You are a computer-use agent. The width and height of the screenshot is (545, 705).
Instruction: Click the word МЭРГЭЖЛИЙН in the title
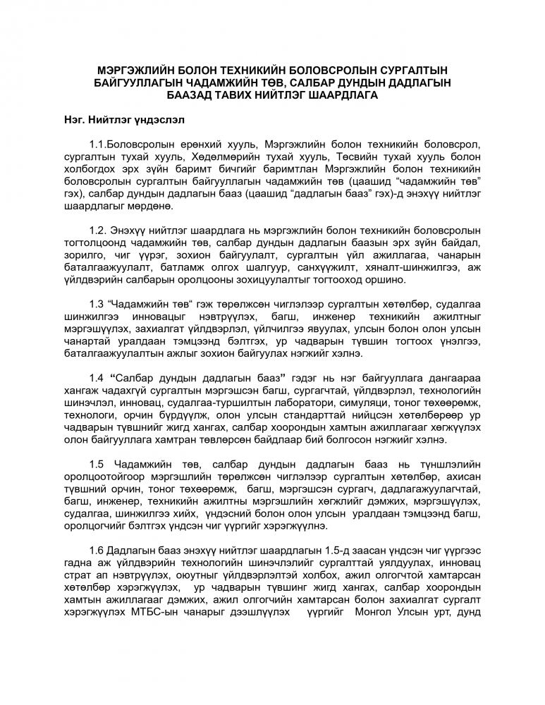pyautogui.click(x=135, y=70)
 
